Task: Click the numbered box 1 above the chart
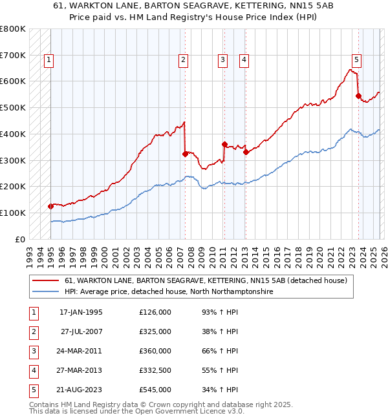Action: coord(49,60)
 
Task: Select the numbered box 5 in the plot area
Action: coord(357,60)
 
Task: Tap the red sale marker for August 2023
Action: coord(358,96)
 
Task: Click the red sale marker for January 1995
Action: coord(50,206)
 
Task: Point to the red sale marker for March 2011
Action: coord(224,144)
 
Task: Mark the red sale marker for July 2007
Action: coord(185,154)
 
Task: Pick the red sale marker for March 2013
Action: coord(246,152)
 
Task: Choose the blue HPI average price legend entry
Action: coord(169,292)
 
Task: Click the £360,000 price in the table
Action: coord(155,351)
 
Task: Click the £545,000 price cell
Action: coord(155,390)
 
